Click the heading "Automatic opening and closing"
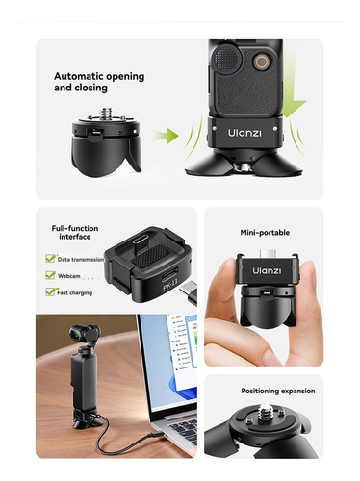99,82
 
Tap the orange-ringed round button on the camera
262,61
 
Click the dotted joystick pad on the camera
226,58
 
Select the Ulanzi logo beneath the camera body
244,133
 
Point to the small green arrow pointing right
167,136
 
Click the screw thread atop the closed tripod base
106,114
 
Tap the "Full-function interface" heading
75,233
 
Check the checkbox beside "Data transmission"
50,259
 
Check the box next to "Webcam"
50,275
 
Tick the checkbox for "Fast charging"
50,291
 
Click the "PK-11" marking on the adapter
170,285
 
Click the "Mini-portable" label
265,233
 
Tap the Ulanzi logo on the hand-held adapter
267,271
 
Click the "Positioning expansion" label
278,391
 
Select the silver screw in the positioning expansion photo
265,411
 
